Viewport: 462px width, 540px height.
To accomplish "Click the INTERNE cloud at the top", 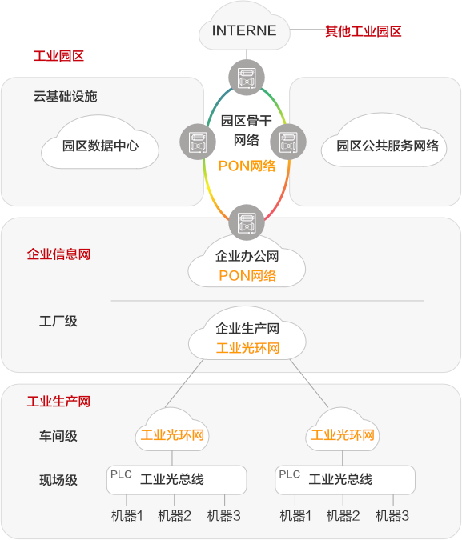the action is pos(244,27).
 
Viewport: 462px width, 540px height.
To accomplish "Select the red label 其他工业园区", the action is pos(364,31).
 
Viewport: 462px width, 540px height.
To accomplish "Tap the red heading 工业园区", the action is pos(58,56).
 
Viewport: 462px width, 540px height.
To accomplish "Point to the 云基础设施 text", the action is pos(65,97).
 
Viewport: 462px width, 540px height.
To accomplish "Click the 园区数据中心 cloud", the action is pos(100,143).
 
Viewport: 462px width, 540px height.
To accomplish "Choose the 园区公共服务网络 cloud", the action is pos(384,141).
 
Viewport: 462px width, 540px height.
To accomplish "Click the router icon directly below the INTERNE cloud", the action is pos(247,78).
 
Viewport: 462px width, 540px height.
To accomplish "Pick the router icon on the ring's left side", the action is pos(198,142).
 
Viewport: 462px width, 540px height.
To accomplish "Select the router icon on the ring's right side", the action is pos(288,142).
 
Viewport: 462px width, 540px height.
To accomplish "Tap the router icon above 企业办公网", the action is pos(247,222).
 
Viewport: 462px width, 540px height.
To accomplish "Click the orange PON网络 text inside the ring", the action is pos(247,166).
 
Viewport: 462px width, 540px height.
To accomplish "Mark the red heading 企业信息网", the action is pos(58,254).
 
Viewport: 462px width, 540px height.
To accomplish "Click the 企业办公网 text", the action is pos(247,256).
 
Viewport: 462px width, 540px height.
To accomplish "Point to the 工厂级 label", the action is pos(58,321).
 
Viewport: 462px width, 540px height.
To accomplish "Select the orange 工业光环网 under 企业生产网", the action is pos(247,348).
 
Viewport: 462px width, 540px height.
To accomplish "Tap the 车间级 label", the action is pos(58,436).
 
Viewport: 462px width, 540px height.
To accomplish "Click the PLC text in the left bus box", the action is pos(121,474).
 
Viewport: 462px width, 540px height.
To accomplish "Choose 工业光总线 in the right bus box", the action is pos(340,479).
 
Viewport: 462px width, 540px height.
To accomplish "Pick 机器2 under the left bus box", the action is pos(175,516).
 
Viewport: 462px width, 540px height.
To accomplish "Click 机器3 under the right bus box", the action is pos(392,516).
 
